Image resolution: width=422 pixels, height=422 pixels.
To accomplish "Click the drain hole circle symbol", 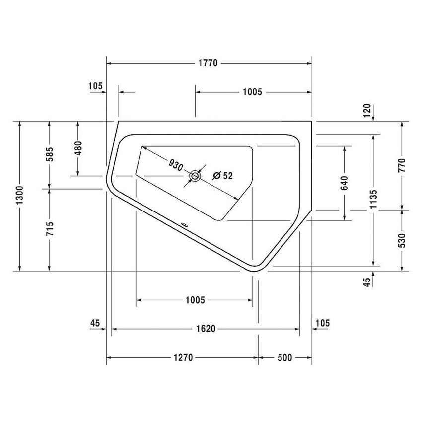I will point(195,176).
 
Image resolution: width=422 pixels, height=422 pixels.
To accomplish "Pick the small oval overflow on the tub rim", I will point(185,224).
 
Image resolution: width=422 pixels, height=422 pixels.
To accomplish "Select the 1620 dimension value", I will point(205,329).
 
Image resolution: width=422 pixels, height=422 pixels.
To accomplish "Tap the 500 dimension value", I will point(284,357).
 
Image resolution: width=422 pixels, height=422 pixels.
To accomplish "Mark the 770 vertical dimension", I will point(402,165).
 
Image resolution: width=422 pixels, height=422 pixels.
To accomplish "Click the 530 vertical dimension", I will point(402,240).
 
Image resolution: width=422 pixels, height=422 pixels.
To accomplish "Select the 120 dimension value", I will point(367,110).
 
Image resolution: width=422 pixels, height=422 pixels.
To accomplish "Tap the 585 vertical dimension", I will point(49,155).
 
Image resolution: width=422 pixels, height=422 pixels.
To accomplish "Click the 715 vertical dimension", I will point(49,230).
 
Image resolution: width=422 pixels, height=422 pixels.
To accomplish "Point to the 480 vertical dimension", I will point(78,148).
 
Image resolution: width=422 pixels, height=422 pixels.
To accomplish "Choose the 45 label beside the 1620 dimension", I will point(95,323).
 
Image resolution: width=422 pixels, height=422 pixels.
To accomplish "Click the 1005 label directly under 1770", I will point(252,92).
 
